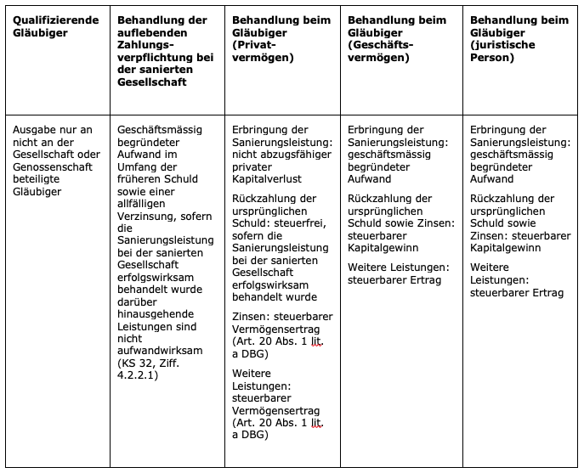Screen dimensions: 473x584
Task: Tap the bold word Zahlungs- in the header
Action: tap(146, 45)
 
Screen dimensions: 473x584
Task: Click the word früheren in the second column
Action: tap(140, 179)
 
